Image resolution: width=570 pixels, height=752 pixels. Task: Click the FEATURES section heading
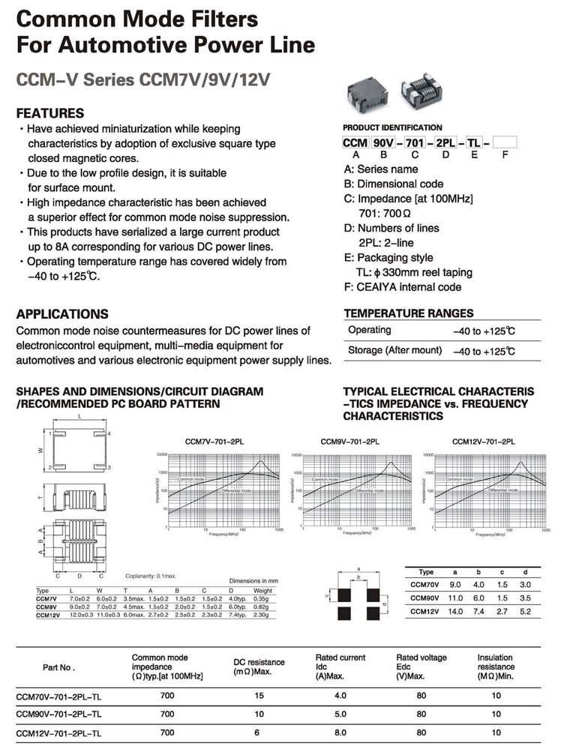(x=49, y=113)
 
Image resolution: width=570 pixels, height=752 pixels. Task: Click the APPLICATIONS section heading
(x=62, y=314)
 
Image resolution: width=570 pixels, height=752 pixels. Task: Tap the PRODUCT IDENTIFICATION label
(x=392, y=127)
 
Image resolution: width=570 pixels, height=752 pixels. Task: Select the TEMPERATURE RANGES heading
(x=409, y=313)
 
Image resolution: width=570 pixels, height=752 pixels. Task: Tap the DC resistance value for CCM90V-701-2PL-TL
(x=260, y=714)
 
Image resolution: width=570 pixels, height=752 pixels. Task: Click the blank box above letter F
(x=505, y=142)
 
